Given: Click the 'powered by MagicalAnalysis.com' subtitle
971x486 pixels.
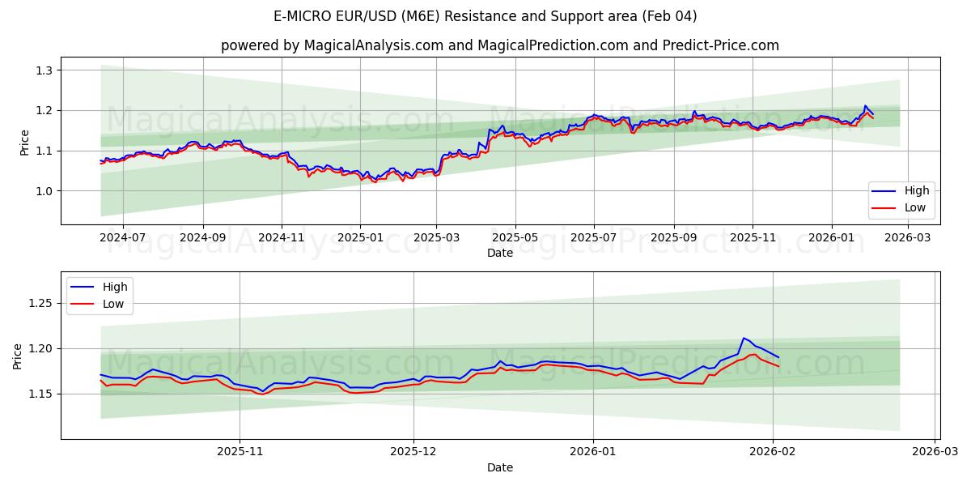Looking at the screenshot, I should [499, 45].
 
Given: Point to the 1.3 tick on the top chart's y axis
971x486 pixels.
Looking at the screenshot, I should [44, 70].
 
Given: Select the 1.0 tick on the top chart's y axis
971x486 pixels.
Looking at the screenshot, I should [44, 191].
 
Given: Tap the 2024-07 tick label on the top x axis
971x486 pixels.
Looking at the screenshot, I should [122, 238].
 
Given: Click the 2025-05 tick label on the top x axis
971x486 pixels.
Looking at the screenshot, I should [515, 238].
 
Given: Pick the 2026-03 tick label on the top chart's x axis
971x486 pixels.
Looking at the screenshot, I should [908, 238].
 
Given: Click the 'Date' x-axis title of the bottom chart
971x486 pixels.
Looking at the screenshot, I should [499, 467].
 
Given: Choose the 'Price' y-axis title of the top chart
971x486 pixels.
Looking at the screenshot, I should [24, 142].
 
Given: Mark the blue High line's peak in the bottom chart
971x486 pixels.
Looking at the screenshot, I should [744, 338].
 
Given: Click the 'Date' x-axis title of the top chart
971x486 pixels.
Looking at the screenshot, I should [499, 253].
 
